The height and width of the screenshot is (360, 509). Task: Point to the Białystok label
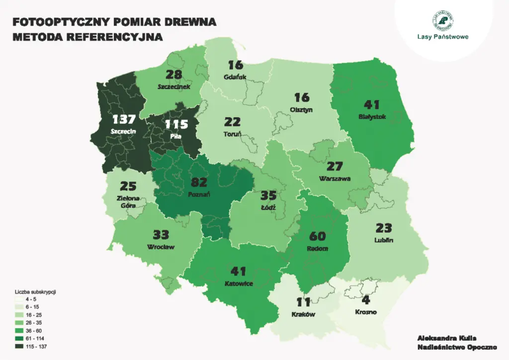[372, 117]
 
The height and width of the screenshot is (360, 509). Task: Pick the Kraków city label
[303, 314]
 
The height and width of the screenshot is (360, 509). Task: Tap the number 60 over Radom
[317, 236]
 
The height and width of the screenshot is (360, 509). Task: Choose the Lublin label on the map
[385, 240]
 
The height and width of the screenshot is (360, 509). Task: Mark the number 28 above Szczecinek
[173, 74]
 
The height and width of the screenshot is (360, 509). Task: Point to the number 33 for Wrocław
[161, 234]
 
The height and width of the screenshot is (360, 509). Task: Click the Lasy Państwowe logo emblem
[443, 20]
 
